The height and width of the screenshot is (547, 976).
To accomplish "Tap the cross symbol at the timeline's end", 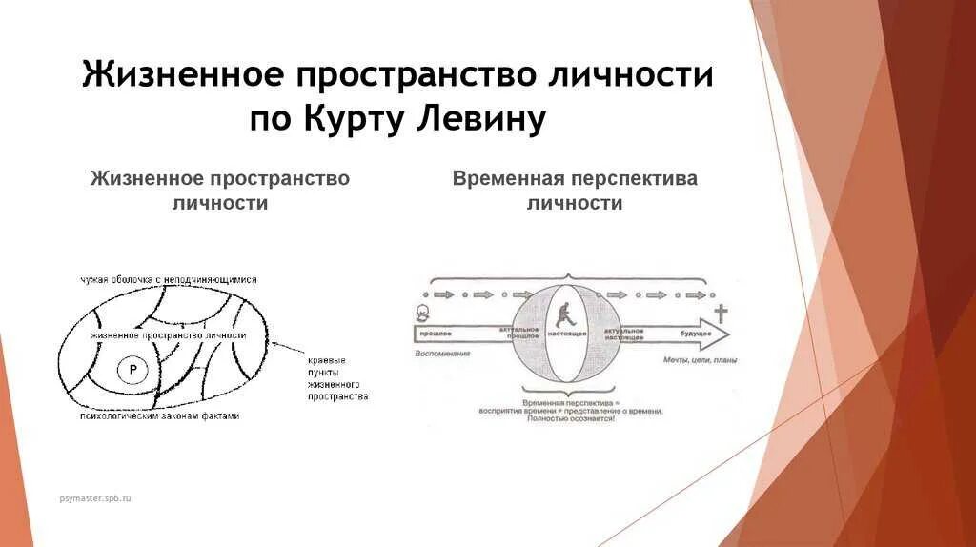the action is [x=721, y=314].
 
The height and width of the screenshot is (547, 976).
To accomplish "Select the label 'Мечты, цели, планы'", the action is [x=700, y=360].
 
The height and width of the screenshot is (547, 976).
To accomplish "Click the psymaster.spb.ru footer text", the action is [x=93, y=498].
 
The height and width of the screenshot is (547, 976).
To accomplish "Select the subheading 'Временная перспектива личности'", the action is [x=575, y=191].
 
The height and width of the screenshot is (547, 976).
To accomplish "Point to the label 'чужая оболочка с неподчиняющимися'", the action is [x=168, y=280].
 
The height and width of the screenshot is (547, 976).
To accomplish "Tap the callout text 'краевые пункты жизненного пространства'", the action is [x=337, y=377].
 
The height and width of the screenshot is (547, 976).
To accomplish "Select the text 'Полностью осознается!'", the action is [x=568, y=419].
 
